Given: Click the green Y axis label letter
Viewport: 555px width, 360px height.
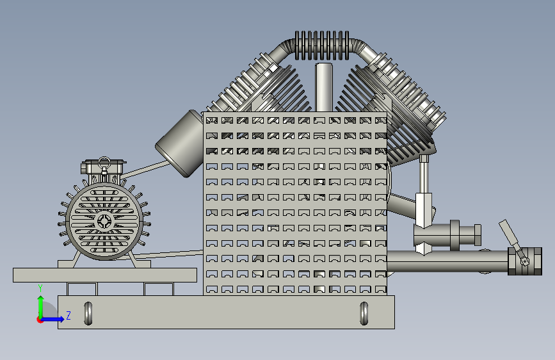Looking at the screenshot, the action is [40, 288].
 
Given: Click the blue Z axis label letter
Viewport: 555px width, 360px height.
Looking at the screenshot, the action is [68, 315].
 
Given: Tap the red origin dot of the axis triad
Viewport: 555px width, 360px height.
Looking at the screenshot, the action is [39, 320].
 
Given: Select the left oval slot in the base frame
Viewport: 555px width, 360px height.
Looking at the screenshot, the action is [88, 313].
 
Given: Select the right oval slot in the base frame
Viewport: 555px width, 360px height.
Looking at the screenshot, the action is [364, 313].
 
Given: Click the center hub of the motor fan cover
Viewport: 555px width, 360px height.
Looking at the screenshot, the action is [104, 222].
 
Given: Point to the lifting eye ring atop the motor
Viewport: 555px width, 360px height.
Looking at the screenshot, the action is [104, 163].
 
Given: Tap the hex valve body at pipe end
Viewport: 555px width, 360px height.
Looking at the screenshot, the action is [525, 261].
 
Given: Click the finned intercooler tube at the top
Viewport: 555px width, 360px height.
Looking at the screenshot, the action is [321, 45].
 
